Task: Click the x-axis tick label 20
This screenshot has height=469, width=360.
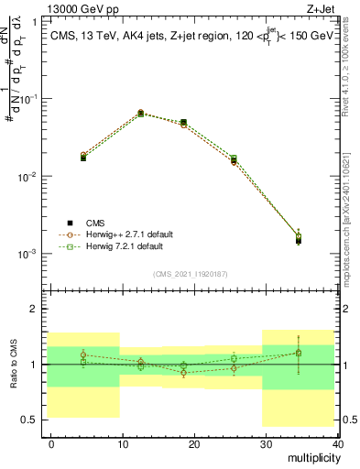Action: point(194,443)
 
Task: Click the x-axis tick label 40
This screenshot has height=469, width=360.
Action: point(337,443)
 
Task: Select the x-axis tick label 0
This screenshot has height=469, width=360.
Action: point(51,443)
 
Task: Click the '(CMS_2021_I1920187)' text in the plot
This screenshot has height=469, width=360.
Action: point(191,273)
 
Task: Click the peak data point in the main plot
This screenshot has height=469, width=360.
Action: point(140,113)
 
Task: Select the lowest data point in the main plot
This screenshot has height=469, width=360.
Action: point(299,240)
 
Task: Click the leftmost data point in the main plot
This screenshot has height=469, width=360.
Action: point(83,158)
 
